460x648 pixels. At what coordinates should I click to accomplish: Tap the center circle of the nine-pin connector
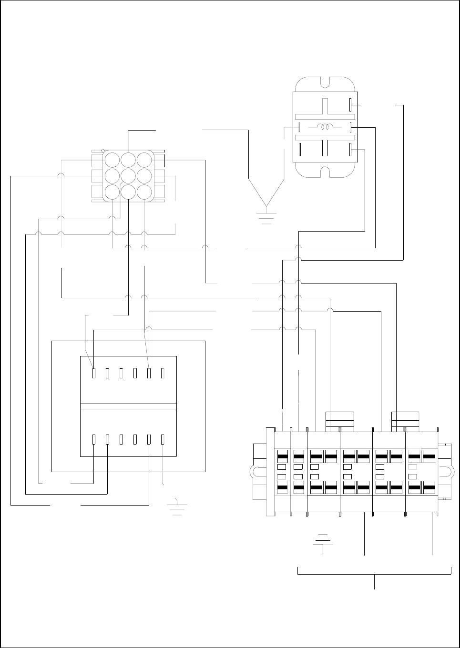click(128, 176)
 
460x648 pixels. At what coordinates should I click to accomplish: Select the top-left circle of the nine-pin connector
click(112, 160)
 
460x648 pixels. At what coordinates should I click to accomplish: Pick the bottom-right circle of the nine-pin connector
click(144, 192)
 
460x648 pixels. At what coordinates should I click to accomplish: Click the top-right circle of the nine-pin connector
click(144, 160)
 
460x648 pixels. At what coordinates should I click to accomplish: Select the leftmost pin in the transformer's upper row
click(94, 373)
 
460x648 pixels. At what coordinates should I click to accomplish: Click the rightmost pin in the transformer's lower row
click(163, 439)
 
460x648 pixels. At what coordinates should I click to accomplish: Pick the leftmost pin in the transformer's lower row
click(94, 439)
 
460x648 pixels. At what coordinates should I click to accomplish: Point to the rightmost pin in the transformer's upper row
click(163, 373)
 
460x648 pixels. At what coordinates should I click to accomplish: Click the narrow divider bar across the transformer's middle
click(128, 406)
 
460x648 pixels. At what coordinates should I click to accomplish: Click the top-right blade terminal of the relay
click(351, 104)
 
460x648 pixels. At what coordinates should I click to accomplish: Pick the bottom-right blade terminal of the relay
click(351, 150)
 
